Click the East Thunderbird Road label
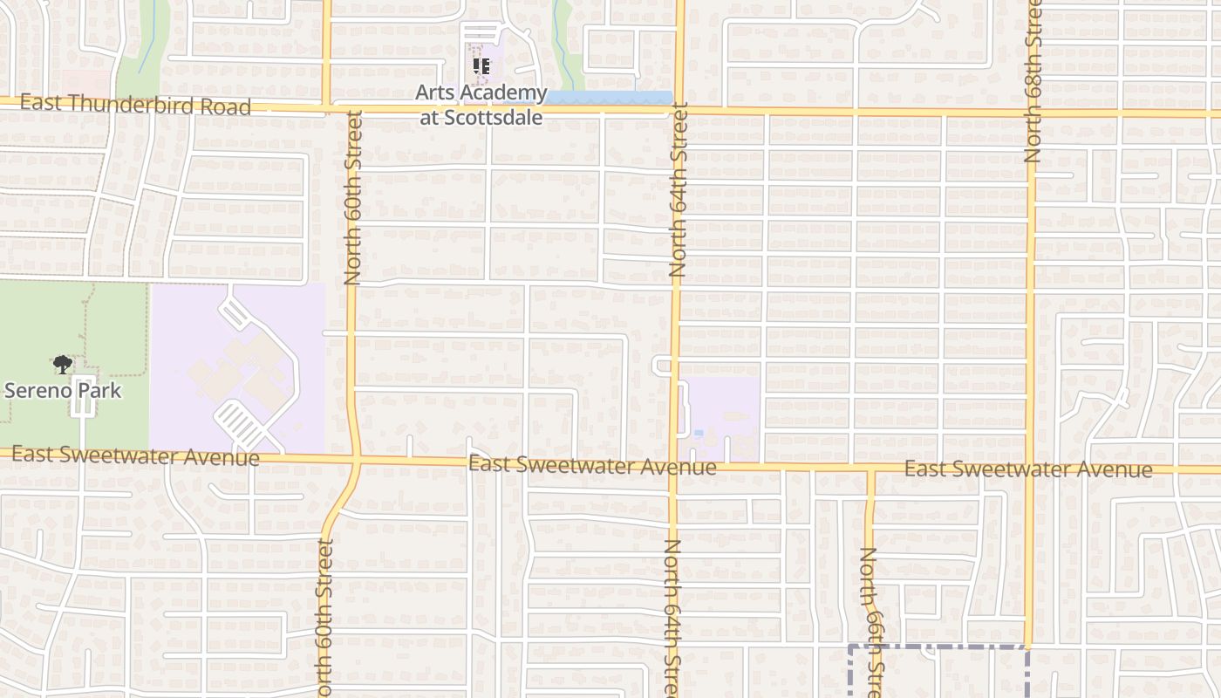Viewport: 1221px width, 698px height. coord(135,105)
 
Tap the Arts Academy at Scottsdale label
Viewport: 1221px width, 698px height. coord(481,105)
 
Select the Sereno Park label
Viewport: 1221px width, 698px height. coord(63,390)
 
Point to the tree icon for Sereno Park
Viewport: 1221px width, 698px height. coord(62,364)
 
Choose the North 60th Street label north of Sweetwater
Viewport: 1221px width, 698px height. coord(352,196)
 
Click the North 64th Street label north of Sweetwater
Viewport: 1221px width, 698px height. coord(678,190)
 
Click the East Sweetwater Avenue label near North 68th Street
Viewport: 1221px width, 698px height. coord(1027,469)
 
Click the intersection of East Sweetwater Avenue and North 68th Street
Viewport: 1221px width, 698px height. coord(1030,469)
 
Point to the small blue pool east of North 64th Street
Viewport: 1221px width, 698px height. coord(699,433)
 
